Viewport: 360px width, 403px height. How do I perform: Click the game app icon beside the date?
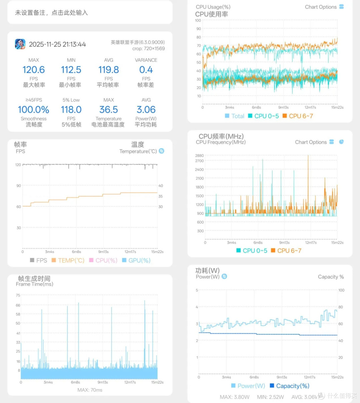[x=20, y=44]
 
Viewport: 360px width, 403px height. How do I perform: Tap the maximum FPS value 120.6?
[x=34, y=70]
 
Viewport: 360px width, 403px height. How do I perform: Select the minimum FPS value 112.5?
[x=71, y=70]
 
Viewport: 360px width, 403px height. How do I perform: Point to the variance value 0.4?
[x=146, y=70]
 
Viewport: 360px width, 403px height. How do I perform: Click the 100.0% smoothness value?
[x=34, y=109]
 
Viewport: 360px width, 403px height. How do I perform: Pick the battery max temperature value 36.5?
[x=109, y=109]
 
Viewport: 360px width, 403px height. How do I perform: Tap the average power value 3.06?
[x=146, y=109]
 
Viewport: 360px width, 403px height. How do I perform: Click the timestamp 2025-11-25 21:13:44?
[x=57, y=44]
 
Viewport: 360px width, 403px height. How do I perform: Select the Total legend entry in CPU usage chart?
[x=235, y=116]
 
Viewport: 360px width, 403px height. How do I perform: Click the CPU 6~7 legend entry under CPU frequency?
[x=286, y=251]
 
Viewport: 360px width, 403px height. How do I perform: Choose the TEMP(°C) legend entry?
[x=68, y=260]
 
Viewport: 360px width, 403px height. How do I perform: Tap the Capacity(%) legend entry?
[x=290, y=386]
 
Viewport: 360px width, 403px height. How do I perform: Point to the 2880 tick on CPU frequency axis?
[x=199, y=155]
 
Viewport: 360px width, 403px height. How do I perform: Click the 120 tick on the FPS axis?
[x=18, y=165]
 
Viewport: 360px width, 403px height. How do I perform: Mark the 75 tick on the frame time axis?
[x=18, y=295]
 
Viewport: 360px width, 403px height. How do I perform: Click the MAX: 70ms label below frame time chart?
[x=90, y=390]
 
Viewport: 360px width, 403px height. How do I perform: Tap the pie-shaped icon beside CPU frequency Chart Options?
[x=341, y=142]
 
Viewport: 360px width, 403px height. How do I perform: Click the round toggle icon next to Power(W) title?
[x=224, y=276]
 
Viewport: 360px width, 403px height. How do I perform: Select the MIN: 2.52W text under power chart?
[x=270, y=397]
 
